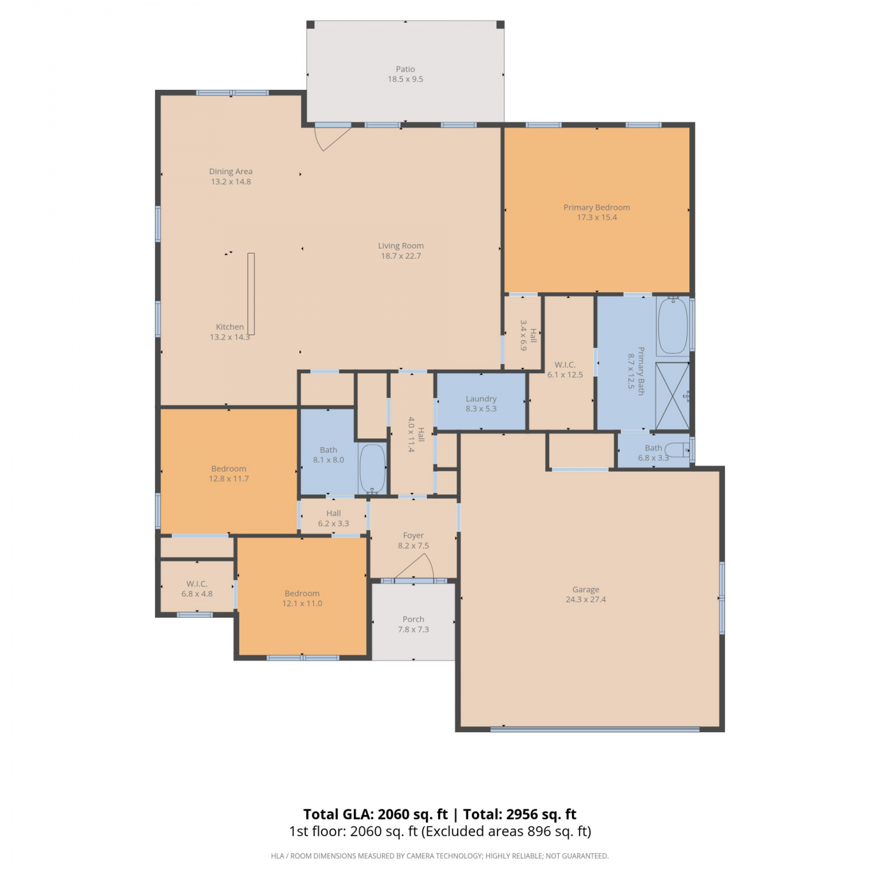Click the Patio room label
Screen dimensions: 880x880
[x=405, y=69]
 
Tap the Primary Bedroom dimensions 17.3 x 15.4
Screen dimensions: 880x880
[x=597, y=218]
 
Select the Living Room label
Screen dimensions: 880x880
[x=401, y=246]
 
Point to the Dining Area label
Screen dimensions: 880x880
[x=231, y=172]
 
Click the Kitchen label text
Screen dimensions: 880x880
[x=229, y=327]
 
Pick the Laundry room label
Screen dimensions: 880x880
[x=481, y=399]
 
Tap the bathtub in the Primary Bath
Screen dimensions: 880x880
[x=672, y=326]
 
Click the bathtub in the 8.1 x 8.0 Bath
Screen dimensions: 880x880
[x=372, y=469]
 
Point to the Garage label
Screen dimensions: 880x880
[x=585, y=590]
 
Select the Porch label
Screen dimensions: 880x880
[x=414, y=620]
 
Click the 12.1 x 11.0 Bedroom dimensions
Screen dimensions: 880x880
[x=302, y=604]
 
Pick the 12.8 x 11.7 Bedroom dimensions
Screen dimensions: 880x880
[x=229, y=479]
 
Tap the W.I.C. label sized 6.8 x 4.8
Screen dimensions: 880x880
[x=197, y=584]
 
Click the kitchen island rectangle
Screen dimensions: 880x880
[x=251, y=294]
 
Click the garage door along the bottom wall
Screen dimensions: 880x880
[x=595, y=730]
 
